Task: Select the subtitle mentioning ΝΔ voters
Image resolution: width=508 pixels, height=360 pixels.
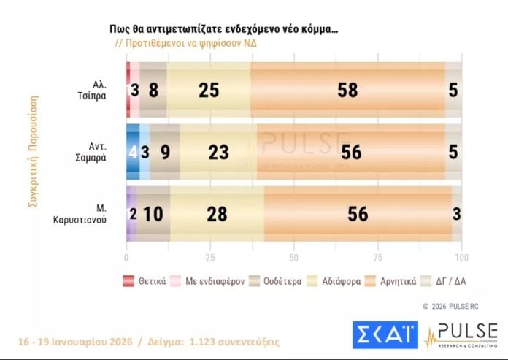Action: tap(185, 42)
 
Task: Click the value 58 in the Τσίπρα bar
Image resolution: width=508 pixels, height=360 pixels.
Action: tap(347, 90)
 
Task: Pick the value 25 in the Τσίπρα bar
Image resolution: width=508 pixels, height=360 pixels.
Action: tap(209, 90)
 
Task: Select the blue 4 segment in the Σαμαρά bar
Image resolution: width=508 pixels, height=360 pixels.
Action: tap(132, 152)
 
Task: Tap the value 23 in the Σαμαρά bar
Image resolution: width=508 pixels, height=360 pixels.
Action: tap(217, 152)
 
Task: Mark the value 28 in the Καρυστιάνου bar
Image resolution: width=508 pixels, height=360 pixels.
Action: tap(217, 214)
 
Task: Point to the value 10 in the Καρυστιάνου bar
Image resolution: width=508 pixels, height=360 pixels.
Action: tap(153, 214)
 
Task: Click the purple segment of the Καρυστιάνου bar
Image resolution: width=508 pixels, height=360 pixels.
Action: tap(131, 214)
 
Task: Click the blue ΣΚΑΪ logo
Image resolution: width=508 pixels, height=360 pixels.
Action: tap(384, 334)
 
